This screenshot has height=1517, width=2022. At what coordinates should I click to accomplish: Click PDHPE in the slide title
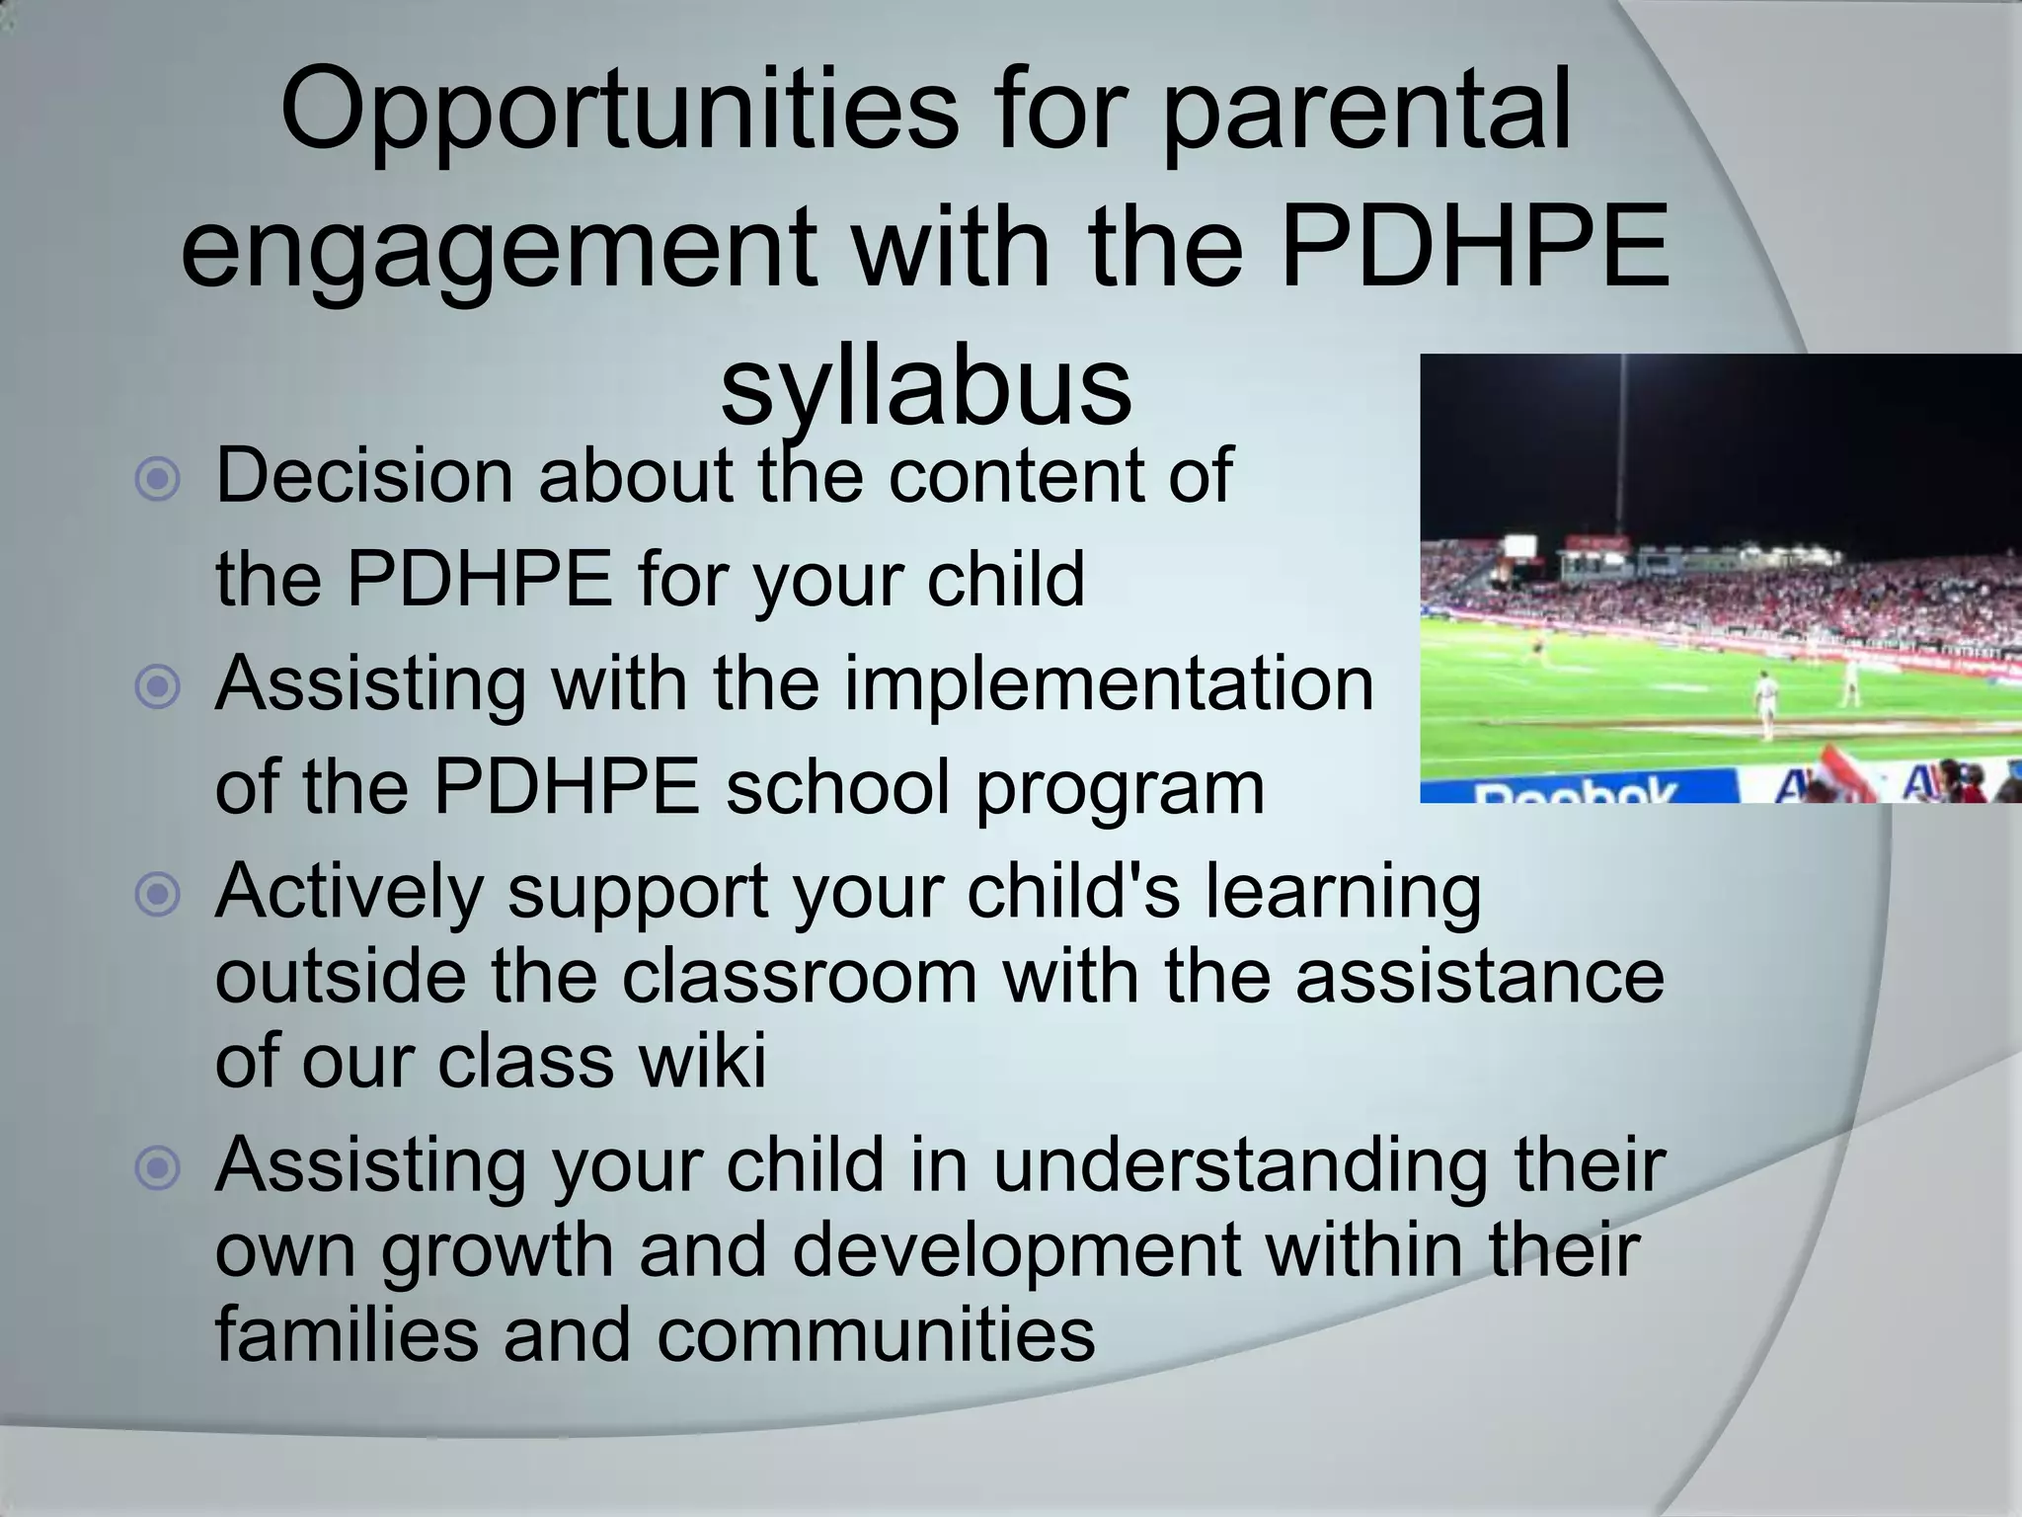point(1476,247)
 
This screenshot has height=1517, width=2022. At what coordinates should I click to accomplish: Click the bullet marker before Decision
point(158,480)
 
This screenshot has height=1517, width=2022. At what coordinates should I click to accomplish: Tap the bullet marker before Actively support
point(158,895)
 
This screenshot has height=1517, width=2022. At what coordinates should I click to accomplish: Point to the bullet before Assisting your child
point(158,1169)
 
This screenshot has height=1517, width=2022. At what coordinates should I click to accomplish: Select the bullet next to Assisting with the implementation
point(158,687)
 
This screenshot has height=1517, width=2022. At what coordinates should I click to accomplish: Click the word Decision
point(363,476)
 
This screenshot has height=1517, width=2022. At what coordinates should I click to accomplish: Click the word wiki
point(702,1061)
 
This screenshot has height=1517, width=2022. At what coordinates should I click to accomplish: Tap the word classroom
point(800,976)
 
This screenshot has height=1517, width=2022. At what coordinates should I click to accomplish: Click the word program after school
point(1120,788)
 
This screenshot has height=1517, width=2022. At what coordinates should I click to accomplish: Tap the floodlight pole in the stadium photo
point(1621,444)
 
